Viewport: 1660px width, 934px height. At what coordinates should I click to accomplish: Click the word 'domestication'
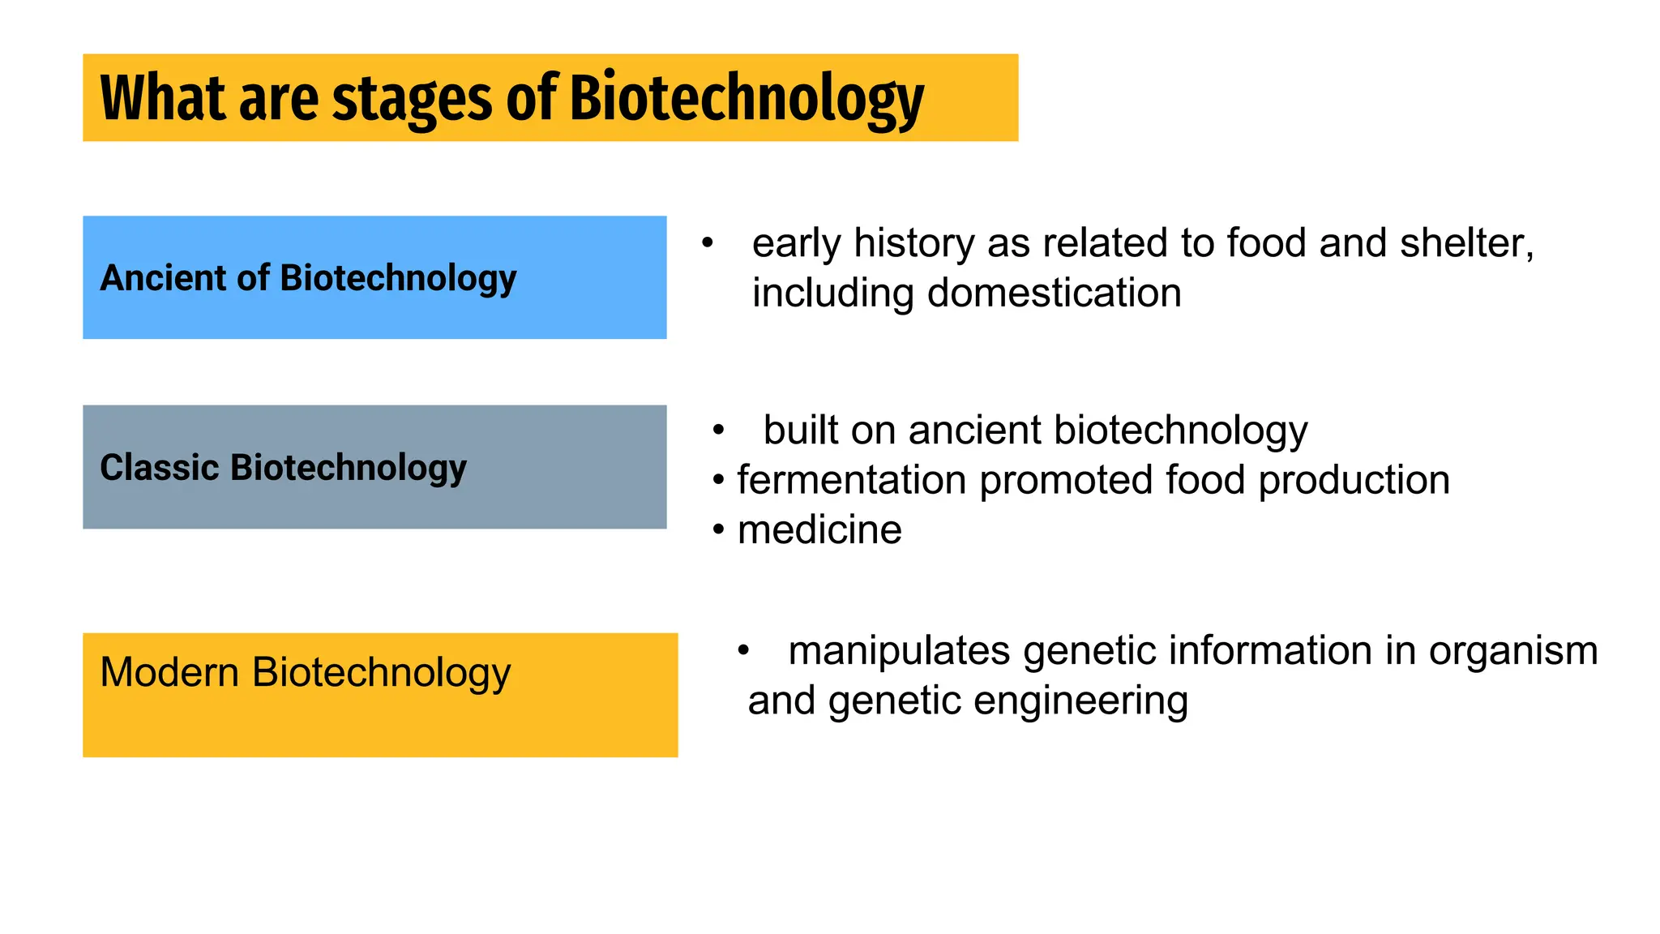click(x=1054, y=293)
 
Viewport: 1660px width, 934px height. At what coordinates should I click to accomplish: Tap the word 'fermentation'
click(x=851, y=480)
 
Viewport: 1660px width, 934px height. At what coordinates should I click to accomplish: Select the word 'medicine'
click(x=819, y=530)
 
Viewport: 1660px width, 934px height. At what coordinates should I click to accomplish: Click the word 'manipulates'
click(x=899, y=650)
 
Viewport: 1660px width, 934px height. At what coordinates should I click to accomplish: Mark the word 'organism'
click(x=1512, y=650)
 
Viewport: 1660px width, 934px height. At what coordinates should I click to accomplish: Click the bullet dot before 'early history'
click(x=708, y=243)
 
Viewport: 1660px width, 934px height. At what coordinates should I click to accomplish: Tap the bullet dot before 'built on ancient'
click(x=718, y=431)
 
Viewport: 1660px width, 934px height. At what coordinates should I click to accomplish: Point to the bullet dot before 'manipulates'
click(x=743, y=650)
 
